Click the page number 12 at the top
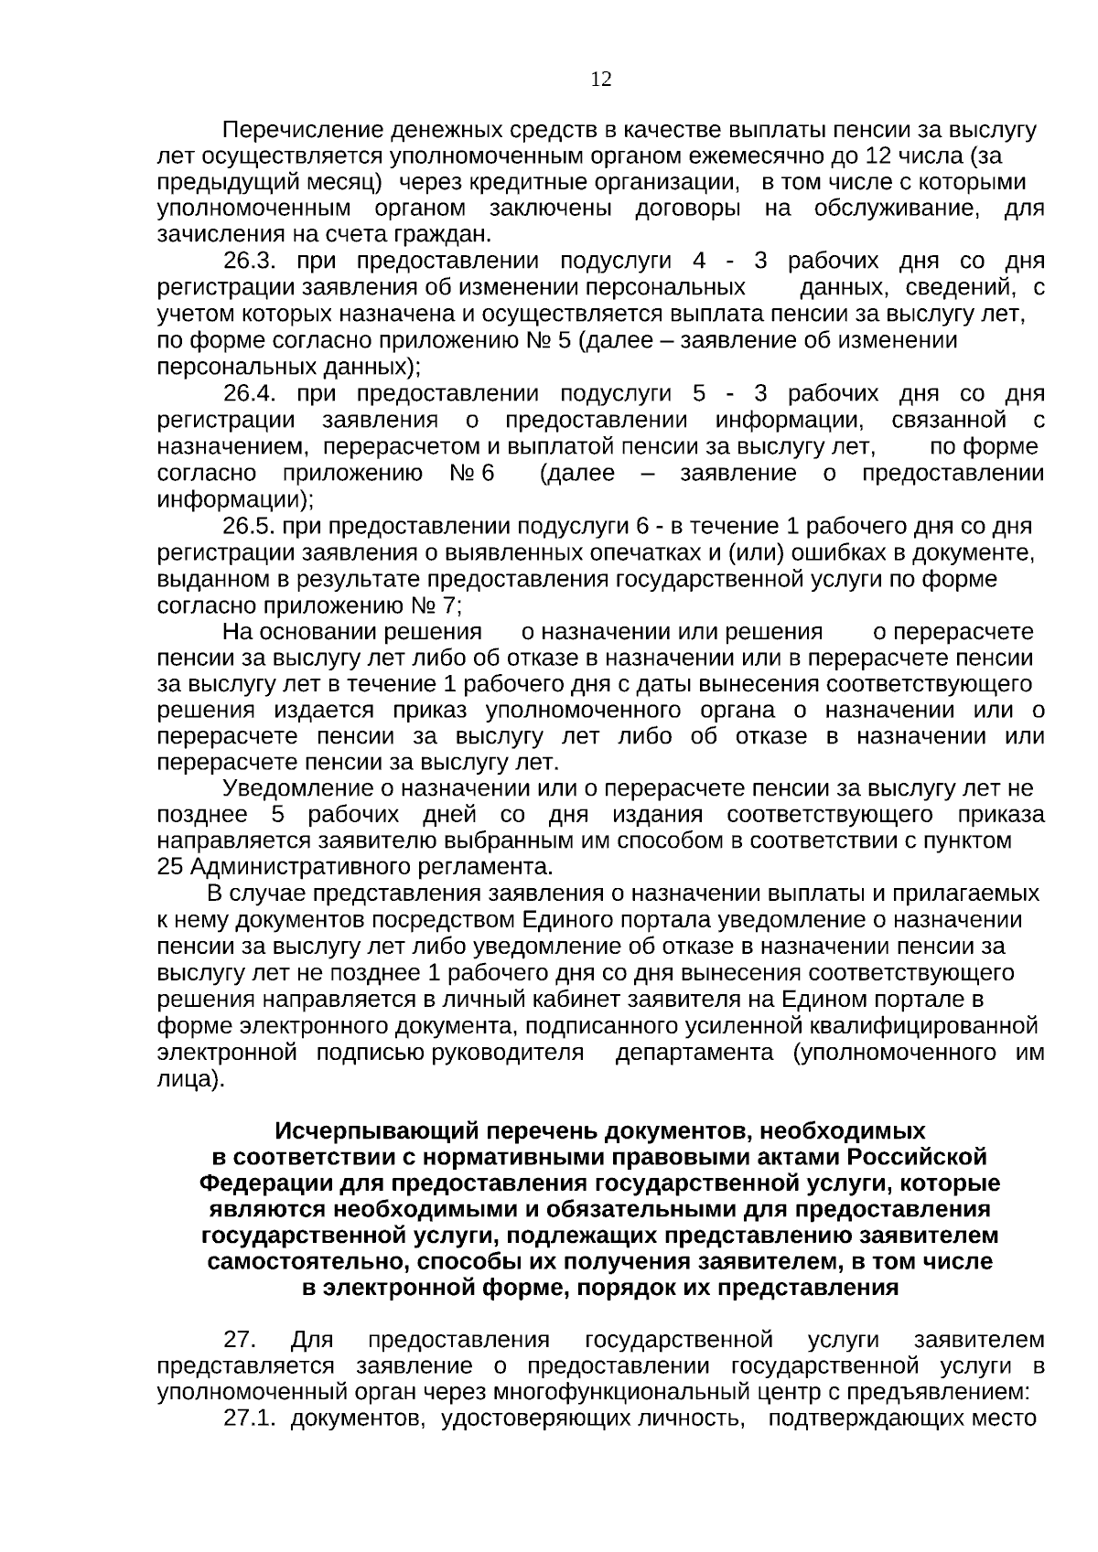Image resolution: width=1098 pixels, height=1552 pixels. point(601,80)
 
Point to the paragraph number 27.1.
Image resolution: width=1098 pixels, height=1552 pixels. point(250,1418)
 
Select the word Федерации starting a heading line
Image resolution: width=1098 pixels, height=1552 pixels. point(266,1183)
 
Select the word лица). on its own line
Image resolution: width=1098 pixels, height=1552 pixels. point(190,1079)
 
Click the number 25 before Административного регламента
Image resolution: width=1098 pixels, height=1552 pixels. point(170,866)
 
